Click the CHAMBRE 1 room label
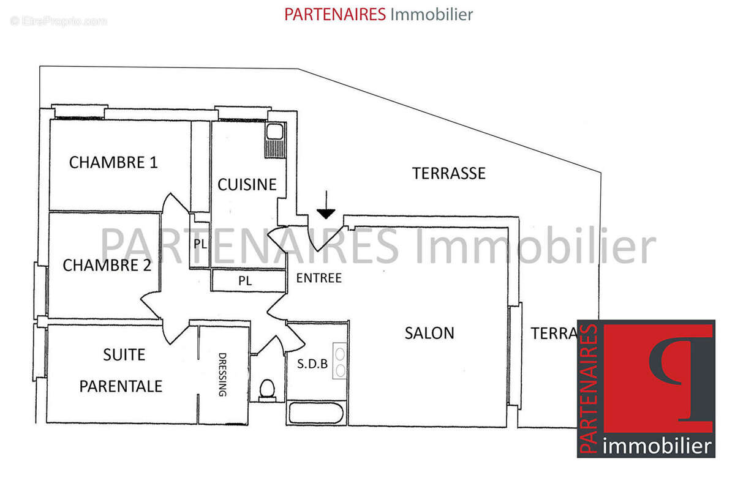[x=113, y=162]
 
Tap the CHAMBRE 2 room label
[x=107, y=265]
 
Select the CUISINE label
[x=247, y=184]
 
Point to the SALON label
[x=429, y=333]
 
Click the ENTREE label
[x=318, y=278]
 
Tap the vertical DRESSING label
[x=223, y=375]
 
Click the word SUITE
[x=124, y=354]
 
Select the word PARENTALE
[x=121, y=386]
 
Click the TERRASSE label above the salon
[x=449, y=173]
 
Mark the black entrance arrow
[x=326, y=206]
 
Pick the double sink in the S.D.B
[x=339, y=361]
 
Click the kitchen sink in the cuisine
[x=274, y=132]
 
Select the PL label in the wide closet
[x=245, y=282]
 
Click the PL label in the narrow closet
[x=200, y=243]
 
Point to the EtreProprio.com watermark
[x=58, y=21]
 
